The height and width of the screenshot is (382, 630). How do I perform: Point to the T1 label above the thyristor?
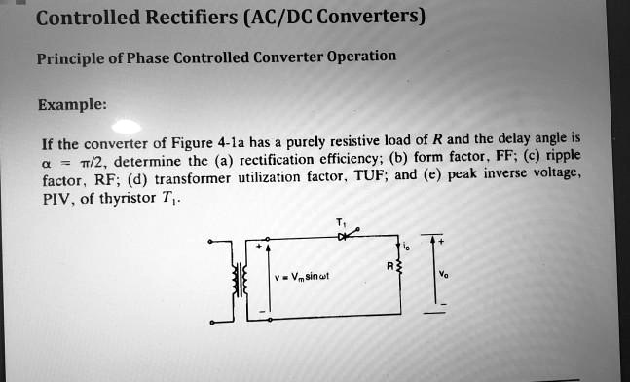(337, 221)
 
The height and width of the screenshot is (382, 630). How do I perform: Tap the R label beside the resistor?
(389, 264)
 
